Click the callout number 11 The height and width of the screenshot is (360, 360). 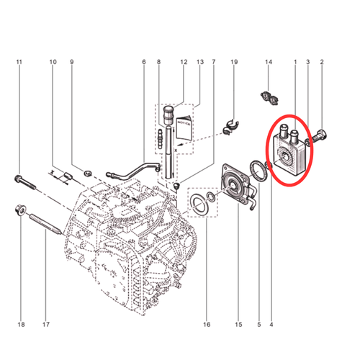point(19,62)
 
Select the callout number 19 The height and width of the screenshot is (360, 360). point(234,62)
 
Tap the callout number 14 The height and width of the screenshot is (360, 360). point(269,62)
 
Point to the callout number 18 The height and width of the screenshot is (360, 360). point(21,325)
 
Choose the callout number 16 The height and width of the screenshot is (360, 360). point(207,325)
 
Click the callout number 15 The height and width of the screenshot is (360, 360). point(238,325)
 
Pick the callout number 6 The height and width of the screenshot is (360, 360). point(144,62)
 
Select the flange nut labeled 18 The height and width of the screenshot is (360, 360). point(19,210)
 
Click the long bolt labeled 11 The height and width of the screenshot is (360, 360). point(24,182)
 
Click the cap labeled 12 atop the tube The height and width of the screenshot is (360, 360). point(169,115)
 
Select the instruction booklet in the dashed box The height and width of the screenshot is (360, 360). point(184,128)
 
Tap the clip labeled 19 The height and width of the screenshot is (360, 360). point(230,127)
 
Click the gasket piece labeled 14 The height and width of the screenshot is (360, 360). point(269,98)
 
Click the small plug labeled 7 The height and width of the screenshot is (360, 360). point(177,186)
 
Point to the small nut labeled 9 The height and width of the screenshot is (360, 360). point(88,173)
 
